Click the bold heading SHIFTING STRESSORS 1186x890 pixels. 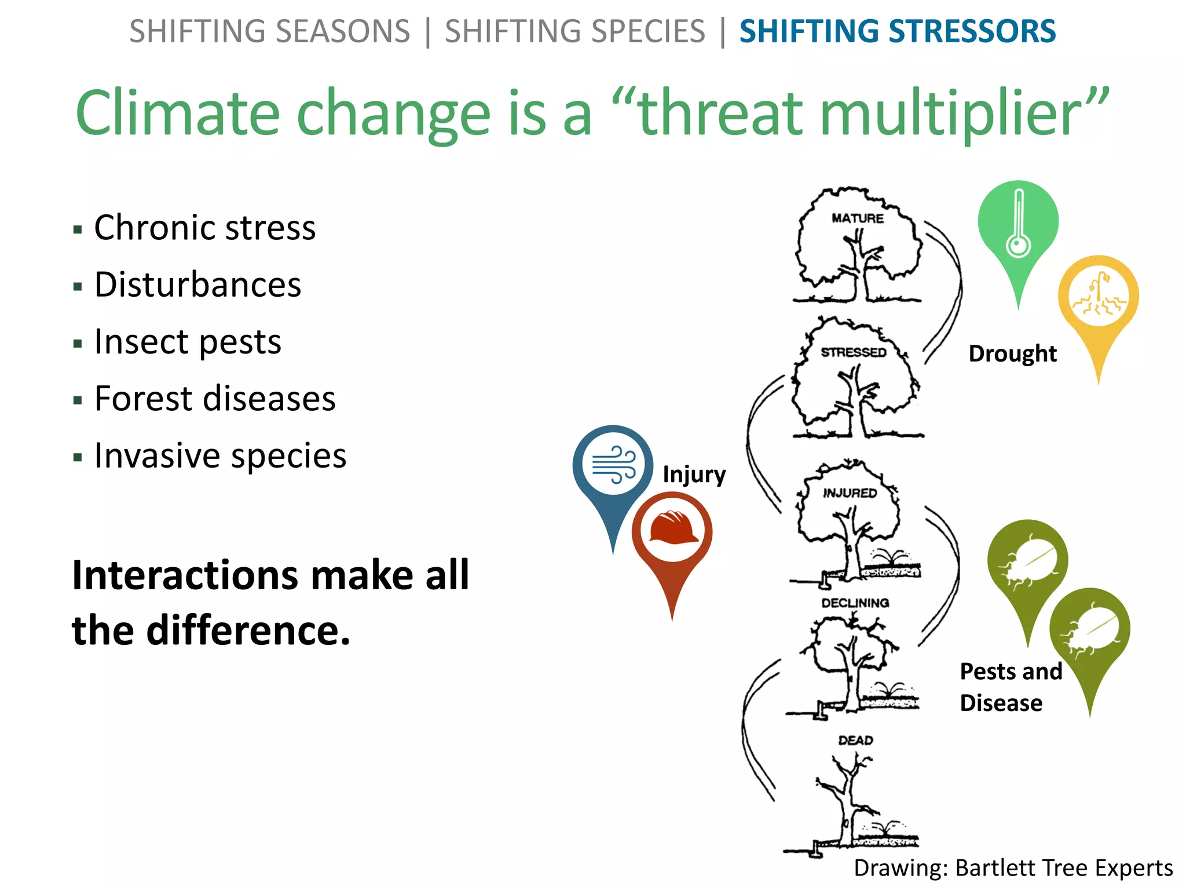click(x=897, y=31)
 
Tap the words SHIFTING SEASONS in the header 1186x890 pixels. click(x=269, y=31)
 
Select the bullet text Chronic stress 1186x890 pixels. click(x=205, y=227)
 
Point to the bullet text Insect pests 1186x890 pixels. click(x=188, y=341)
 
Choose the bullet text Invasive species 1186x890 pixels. click(x=220, y=455)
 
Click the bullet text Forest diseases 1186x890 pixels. click(x=215, y=399)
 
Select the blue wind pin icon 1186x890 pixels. click(x=613, y=467)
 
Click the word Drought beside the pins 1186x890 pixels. click(x=1012, y=353)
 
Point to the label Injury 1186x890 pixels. click(x=694, y=474)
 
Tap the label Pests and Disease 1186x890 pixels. click(x=1011, y=687)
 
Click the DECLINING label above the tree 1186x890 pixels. click(x=855, y=603)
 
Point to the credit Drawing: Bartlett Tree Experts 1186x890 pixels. click(x=1013, y=868)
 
